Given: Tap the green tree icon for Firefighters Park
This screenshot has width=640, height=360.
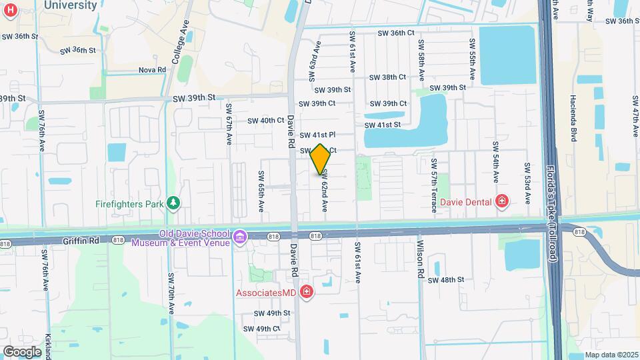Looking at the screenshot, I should click(173, 202).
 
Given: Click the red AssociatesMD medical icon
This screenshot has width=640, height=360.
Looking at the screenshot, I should click(306, 292).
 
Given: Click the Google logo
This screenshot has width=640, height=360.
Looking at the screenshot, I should click(22, 351).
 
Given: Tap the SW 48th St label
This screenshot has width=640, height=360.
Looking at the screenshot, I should click(445, 280).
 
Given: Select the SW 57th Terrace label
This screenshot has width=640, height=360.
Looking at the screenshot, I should click(434, 186).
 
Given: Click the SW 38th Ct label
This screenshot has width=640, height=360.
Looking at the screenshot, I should click(387, 77).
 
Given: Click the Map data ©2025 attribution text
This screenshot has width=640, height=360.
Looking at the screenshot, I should click(611, 355).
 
